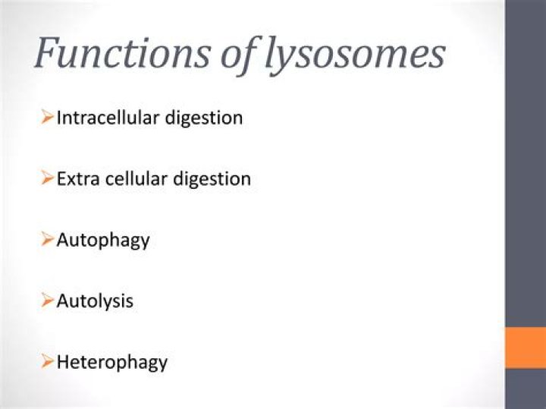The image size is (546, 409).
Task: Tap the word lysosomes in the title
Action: point(356,55)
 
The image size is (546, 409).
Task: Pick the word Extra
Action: point(76,179)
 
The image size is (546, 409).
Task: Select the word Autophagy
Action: point(103,241)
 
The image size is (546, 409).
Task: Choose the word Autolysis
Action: point(95,301)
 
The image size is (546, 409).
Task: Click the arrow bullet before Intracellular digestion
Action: point(48,118)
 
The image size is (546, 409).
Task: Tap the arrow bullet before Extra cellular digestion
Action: point(48,179)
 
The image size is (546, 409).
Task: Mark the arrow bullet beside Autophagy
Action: point(48,240)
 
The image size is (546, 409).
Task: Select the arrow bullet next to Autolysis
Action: point(48,300)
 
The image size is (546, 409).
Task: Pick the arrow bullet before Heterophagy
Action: point(48,361)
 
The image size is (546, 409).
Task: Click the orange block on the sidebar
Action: point(526,348)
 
